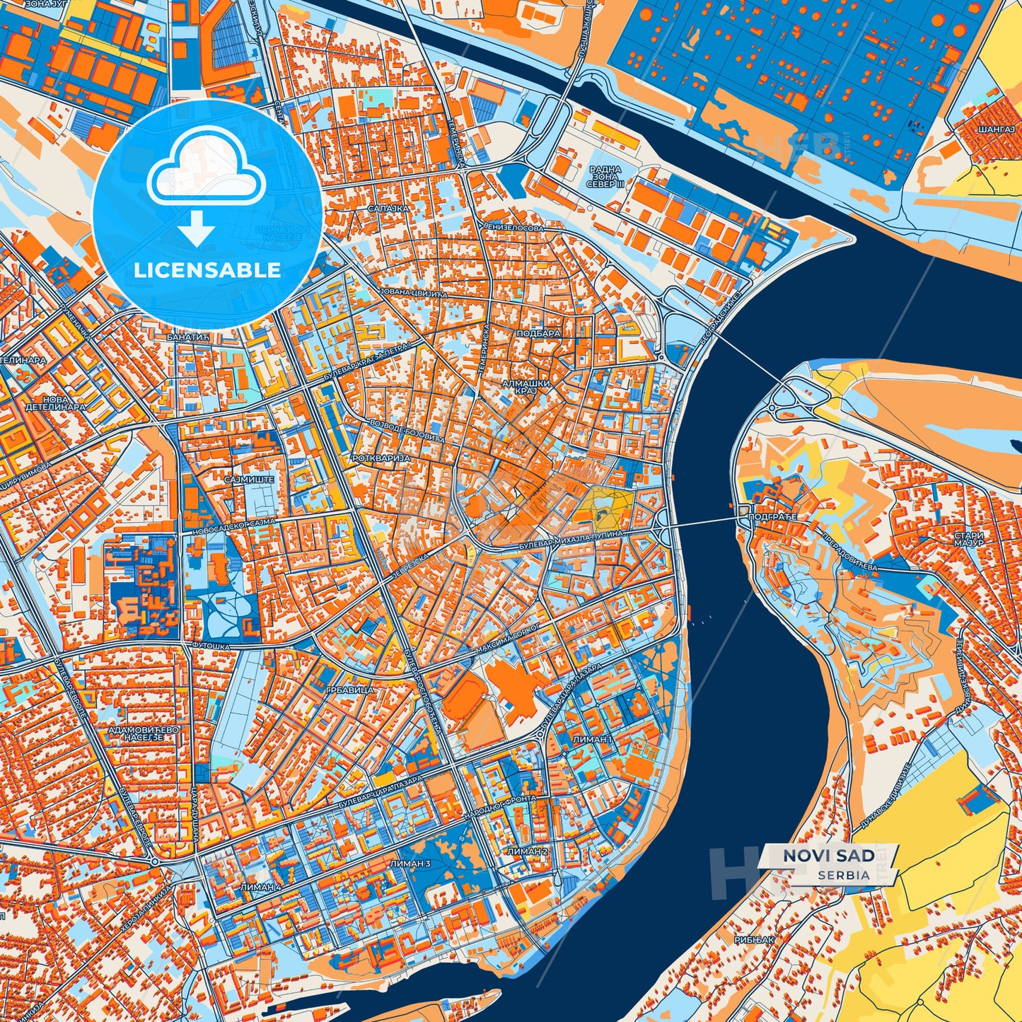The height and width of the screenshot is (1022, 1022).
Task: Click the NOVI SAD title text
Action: point(828,856)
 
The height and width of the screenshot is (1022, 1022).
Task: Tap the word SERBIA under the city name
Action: point(844,875)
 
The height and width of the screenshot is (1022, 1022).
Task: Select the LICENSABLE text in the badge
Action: point(208,270)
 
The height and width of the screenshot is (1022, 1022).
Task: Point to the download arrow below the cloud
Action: point(197,229)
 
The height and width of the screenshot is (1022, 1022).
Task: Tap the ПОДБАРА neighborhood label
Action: point(539,332)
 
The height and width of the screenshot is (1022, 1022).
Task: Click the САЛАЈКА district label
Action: point(388,209)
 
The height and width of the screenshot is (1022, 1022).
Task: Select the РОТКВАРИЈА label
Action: point(381,458)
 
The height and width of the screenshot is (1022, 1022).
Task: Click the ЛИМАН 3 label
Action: point(410,864)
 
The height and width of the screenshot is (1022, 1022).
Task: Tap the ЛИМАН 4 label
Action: point(260,887)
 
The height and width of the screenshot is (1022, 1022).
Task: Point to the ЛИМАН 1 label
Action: point(591,739)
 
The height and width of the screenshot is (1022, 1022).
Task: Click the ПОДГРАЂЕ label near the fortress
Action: point(772,518)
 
